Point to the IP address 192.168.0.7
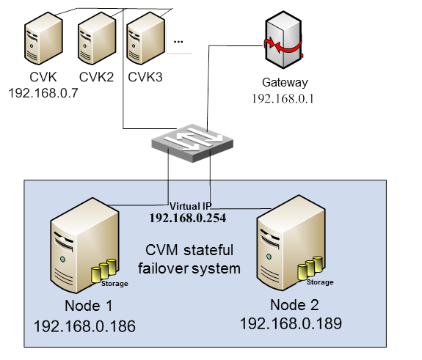pos(43,93)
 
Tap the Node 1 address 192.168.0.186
pos(84,326)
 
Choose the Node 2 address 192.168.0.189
pos(291,322)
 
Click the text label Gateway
pos(285,83)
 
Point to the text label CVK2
pos(95,77)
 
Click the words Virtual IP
pos(190,207)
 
